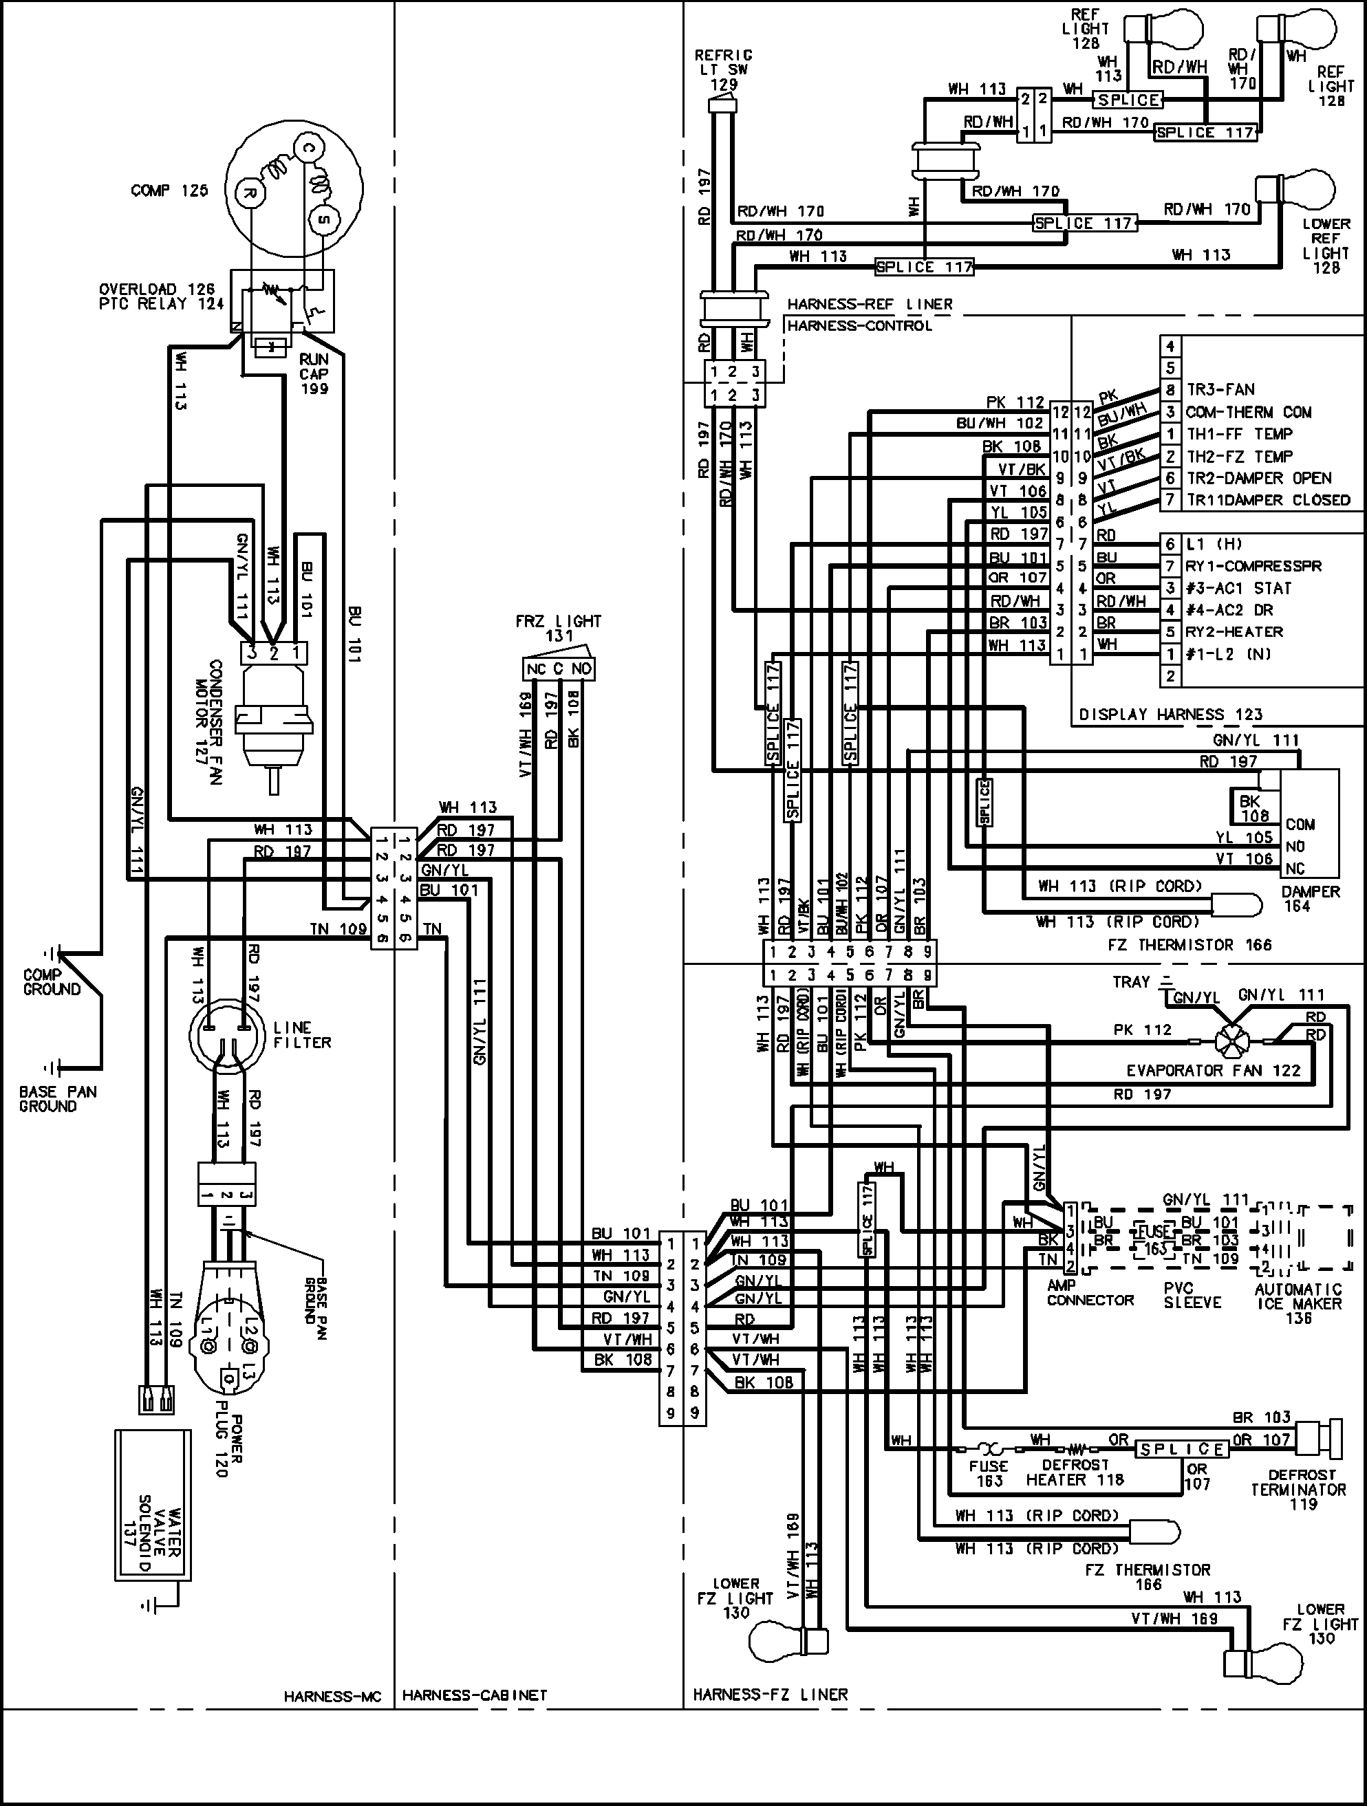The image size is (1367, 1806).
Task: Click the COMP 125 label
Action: point(169,191)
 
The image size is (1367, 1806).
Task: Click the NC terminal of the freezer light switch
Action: point(536,669)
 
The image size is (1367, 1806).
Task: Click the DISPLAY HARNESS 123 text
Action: point(1170,715)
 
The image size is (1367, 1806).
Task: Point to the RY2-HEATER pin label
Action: point(1235,632)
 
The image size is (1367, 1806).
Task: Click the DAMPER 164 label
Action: point(1311,899)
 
